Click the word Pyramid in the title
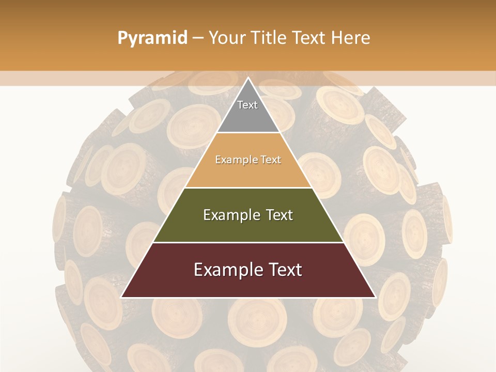coord(152,38)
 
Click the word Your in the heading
coord(226,38)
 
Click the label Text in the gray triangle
coord(247,105)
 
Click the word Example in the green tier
coord(230,215)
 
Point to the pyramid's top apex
coord(248,79)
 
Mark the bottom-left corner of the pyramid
coord(122,297)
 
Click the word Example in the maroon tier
coord(225,270)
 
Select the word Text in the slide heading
coord(309,38)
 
